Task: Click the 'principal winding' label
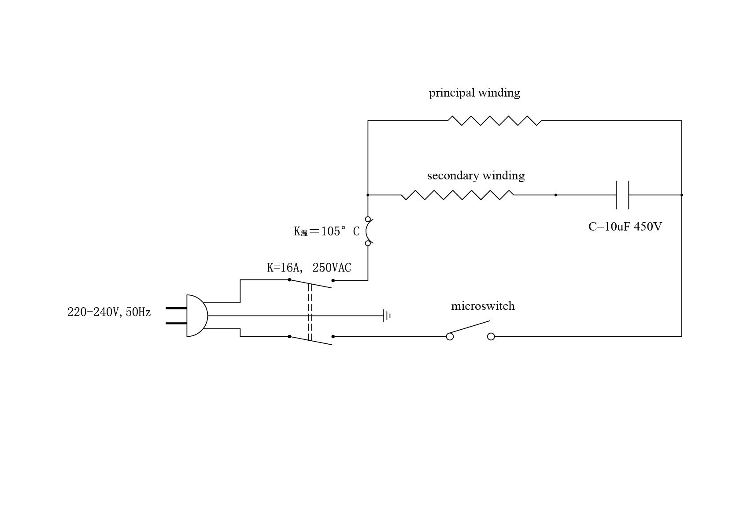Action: [x=474, y=93]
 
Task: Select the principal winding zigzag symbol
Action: [x=494, y=121]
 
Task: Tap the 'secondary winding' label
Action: [x=476, y=176]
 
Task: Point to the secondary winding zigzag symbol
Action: [x=457, y=195]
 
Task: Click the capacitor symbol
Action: [x=622, y=195]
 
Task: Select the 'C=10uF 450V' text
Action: [x=625, y=227]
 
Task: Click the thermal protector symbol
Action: [x=369, y=231]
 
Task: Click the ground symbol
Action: [x=387, y=316]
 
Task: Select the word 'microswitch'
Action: [x=483, y=306]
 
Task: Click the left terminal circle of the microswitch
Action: [x=450, y=337]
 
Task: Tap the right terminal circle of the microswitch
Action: [x=491, y=337]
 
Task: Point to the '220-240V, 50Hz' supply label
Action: [x=109, y=312]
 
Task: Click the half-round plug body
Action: [x=196, y=316]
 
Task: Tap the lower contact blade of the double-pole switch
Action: [x=311, y=340]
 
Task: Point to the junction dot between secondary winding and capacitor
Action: [x=555, y=195]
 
